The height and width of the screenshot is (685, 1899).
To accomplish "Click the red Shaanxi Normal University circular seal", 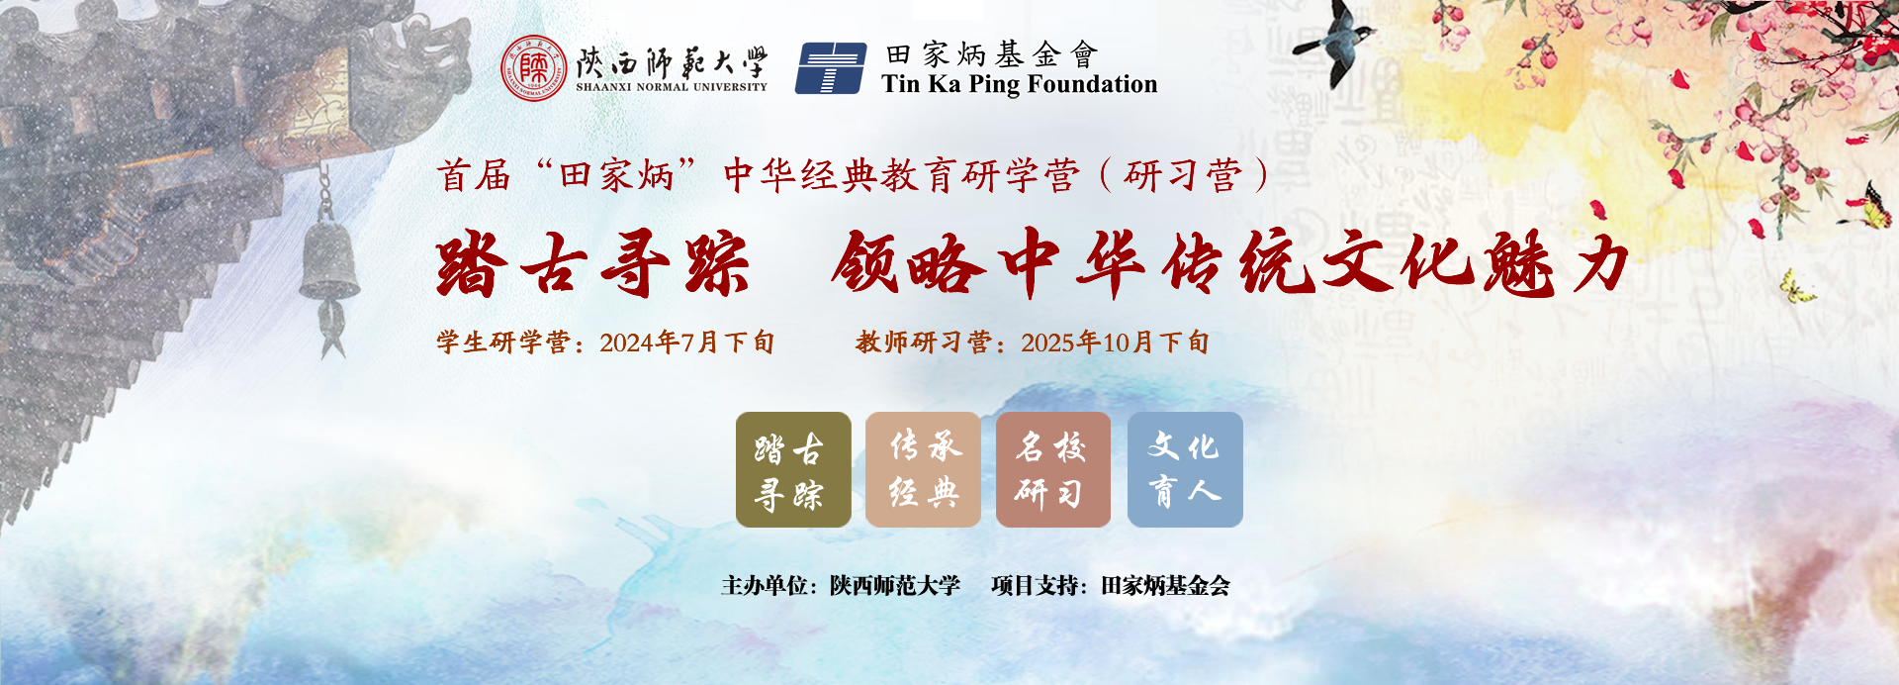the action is [533, 68].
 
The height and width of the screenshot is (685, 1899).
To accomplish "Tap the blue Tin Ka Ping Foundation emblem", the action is [832, 68].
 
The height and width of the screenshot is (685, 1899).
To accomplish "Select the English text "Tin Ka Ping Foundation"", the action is [1020, 85].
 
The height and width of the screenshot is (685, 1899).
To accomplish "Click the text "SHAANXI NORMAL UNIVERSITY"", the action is [672, 87].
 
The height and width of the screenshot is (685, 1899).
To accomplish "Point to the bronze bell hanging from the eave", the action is [330, 260].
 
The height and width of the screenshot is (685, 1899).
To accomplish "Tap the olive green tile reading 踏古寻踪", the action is [793, 469].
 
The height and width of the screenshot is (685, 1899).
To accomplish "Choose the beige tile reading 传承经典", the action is [923, 469].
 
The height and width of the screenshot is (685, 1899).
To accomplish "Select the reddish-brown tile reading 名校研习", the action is [1053, 469].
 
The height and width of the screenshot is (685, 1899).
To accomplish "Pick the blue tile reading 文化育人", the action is [1185, 469].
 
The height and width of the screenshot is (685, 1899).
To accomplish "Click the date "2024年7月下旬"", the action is [686, 342].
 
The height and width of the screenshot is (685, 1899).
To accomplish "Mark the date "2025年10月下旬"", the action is [1115, 342].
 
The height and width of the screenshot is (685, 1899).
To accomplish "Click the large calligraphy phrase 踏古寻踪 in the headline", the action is [592, 264].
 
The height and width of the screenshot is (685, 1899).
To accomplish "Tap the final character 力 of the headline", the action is [1595, 262].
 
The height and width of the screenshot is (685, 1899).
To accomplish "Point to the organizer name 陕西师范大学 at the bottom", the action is [895, 586].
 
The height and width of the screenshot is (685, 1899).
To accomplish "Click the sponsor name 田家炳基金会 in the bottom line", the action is [1165, 586].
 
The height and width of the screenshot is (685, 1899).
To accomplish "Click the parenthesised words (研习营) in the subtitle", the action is [1183, 176].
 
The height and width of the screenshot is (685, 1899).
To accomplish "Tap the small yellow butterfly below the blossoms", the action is [1796, 287].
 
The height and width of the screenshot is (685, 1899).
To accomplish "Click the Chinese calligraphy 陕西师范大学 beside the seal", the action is [672, 61].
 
